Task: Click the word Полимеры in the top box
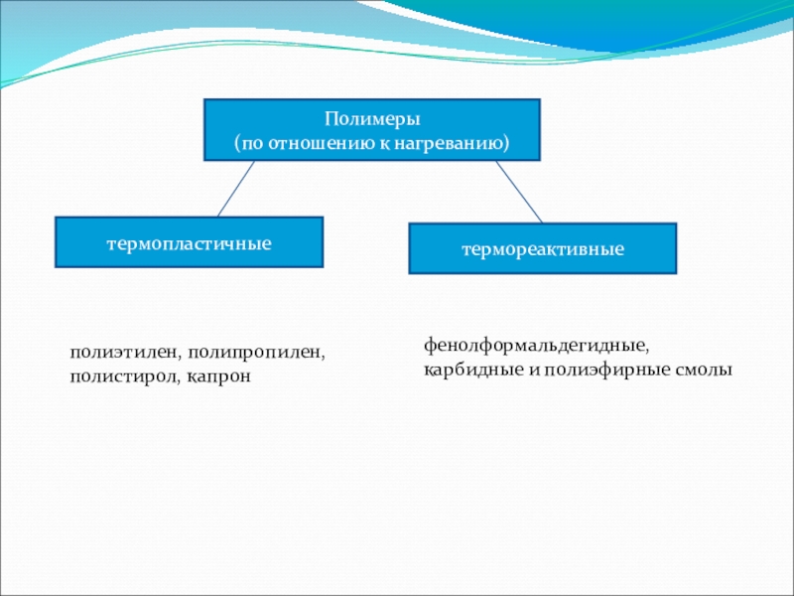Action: tap(372, 119)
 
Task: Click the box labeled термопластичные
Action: tap(189, 242)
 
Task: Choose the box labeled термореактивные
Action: tap(542, 248)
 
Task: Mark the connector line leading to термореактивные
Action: tap(518, 192)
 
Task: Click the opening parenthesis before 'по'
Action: tap(237, 144)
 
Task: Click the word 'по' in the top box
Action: tap(252, 144)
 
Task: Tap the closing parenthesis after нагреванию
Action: tap(506, 144)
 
